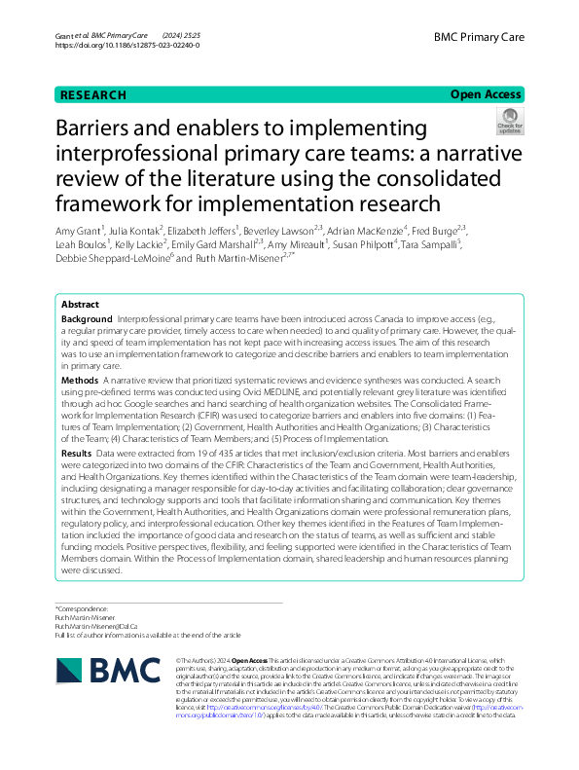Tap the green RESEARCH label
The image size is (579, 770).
[93, 94]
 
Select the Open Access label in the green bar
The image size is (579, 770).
[486, 94]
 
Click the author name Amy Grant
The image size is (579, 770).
[83, 229]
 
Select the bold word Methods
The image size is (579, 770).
[80, 379]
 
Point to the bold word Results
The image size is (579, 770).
[77, 454]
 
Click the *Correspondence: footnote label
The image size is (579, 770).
[81, 608]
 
